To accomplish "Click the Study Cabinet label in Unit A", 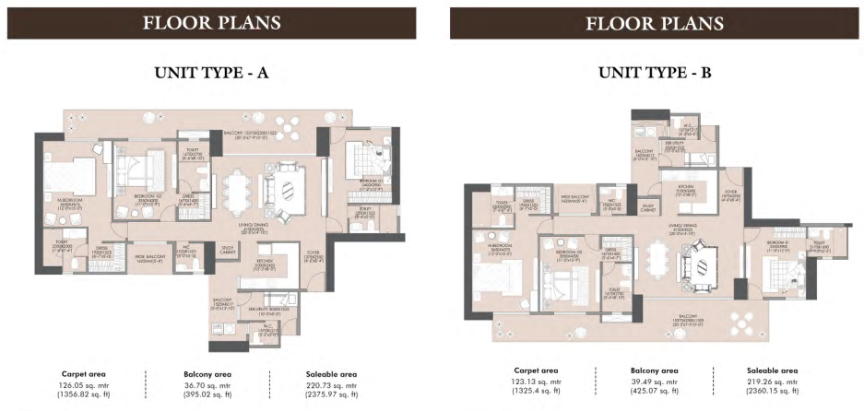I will (x=225, y=249).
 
